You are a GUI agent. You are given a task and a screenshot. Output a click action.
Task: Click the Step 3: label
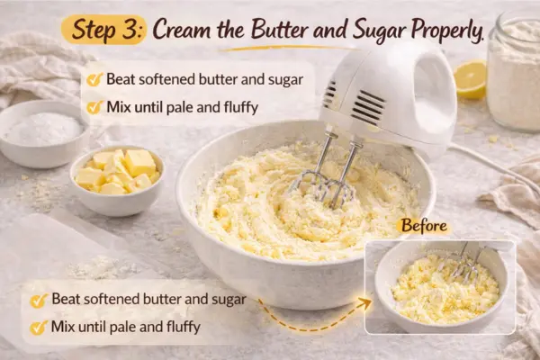tap(103, 29)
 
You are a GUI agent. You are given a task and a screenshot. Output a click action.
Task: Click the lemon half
tap(470, 79)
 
